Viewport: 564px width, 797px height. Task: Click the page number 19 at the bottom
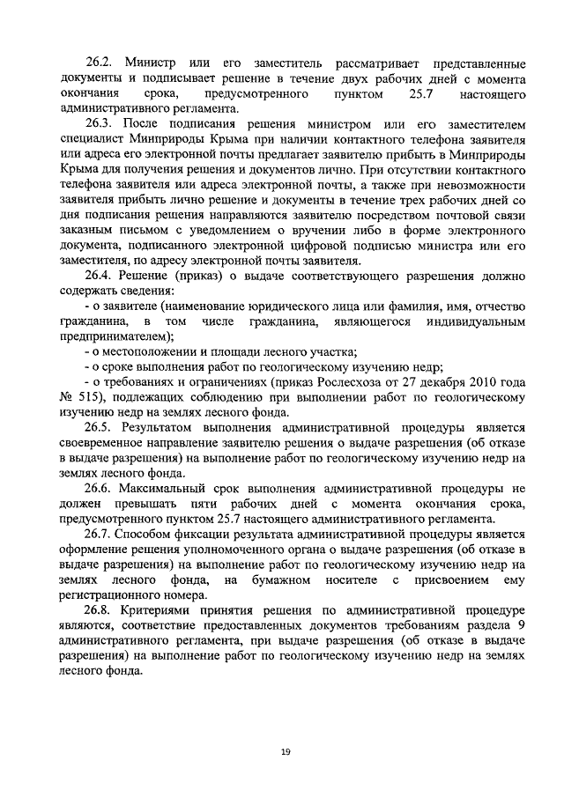pos(286,751)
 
